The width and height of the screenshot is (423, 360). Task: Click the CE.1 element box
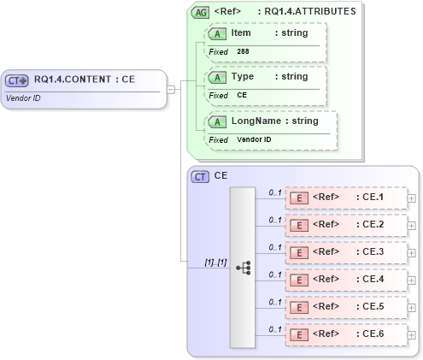(x=345, y=198)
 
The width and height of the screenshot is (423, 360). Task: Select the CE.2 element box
(x=345, y=226)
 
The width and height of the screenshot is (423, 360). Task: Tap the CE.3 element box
(x=345, y=253)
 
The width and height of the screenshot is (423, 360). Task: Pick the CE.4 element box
(x=345, y=280)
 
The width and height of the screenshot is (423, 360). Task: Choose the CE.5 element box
(x=345, y=308)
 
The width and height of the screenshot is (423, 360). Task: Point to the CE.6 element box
(x=345, y=335)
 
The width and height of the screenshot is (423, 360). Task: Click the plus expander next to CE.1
(x=412, y=198)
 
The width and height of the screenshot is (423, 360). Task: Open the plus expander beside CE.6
(x=412, y=335)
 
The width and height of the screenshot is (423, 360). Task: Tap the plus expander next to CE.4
(x=412, y=280)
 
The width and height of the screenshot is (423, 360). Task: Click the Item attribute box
(x=265, y=42)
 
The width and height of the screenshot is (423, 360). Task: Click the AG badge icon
(x=200, y=13)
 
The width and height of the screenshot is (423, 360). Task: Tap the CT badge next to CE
(x=201, y=176)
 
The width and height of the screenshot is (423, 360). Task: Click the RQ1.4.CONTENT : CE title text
(x=85, y=80)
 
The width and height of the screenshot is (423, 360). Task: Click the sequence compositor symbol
(x=243, y=267)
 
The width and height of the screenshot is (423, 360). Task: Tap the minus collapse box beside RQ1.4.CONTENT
(x=172, y=88)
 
